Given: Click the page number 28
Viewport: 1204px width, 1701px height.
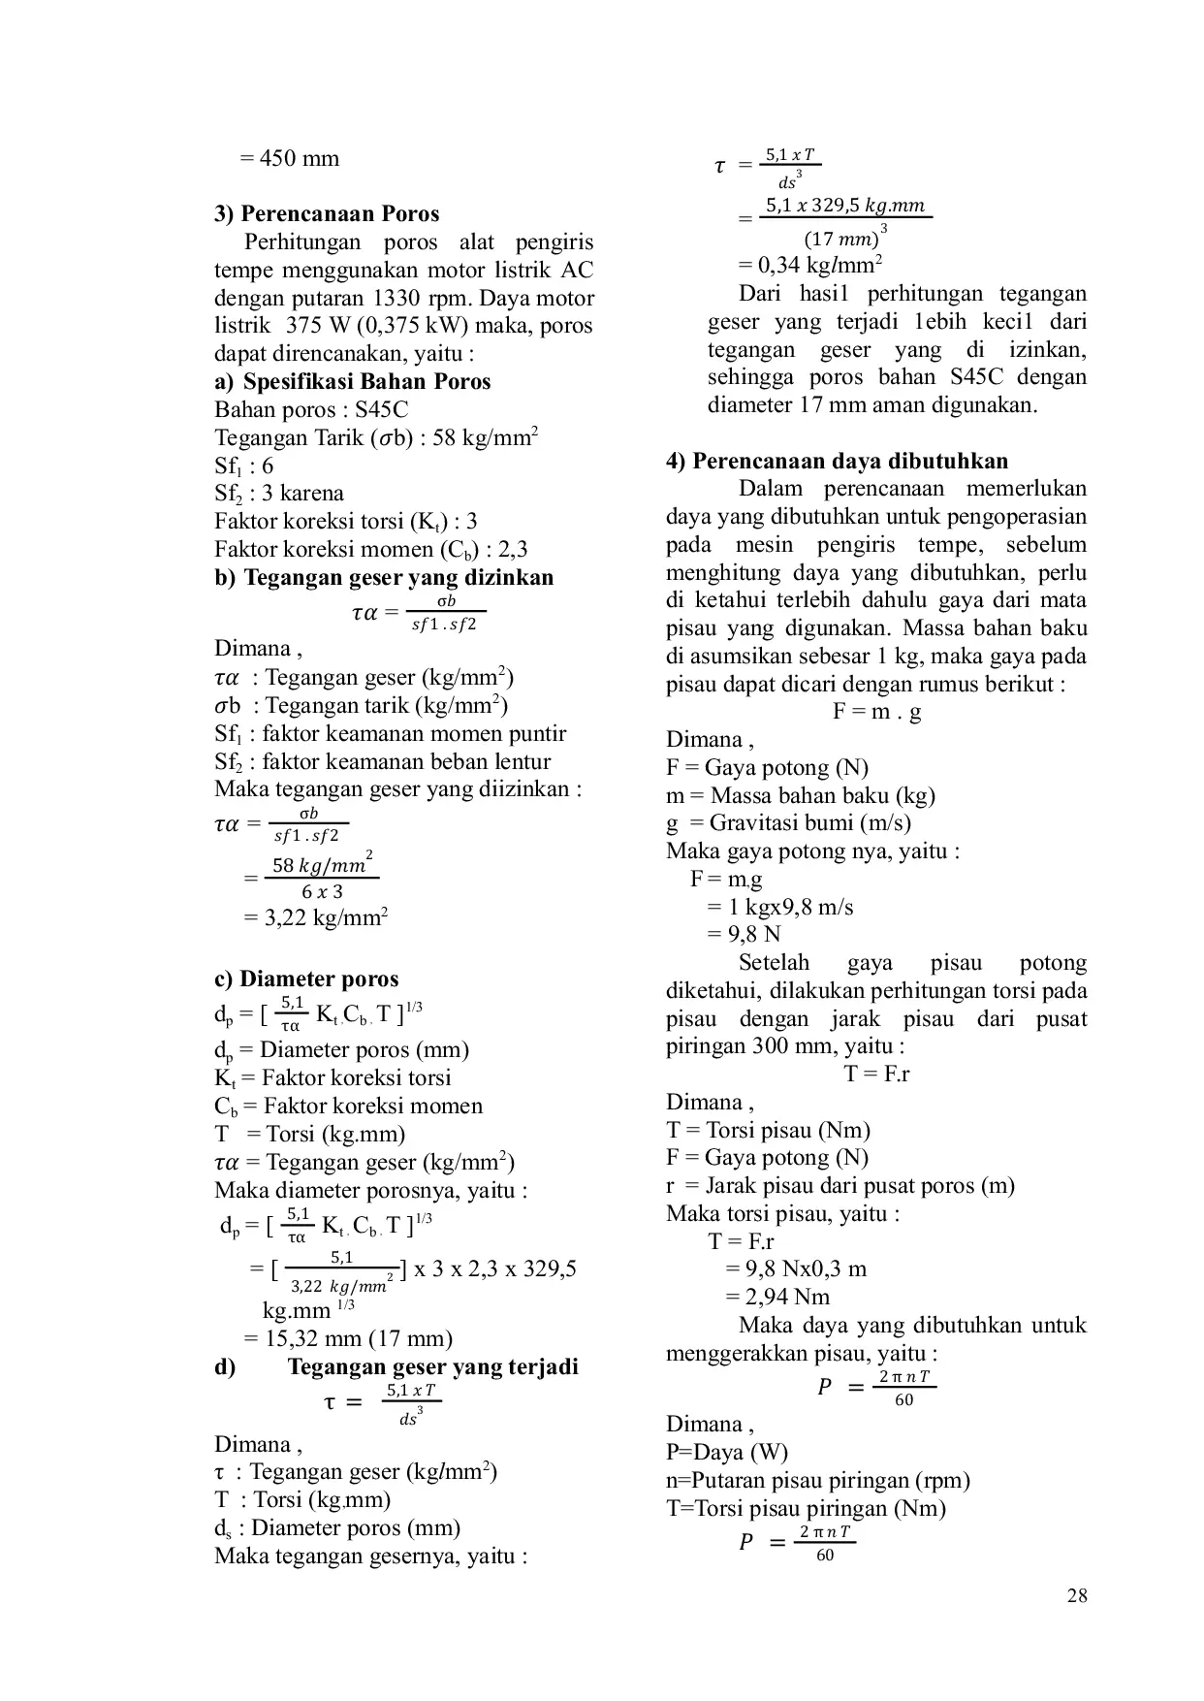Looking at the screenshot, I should tap(1076, 1595).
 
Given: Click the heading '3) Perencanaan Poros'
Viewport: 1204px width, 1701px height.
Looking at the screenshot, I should tap(327, 214).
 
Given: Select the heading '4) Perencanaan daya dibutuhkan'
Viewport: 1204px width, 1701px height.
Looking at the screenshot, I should tap(837, 461).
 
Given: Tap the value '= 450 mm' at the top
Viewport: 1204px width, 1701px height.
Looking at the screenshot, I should tap(289, 158).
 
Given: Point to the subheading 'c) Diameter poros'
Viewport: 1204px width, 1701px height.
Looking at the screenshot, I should tap(306, 979).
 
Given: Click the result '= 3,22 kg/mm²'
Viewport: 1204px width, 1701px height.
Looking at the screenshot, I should tap(316, 917).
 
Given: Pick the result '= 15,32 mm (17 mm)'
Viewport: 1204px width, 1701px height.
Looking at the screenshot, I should tap(347, 1338).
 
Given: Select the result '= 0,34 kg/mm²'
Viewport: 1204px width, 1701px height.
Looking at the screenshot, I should tap(809, 265).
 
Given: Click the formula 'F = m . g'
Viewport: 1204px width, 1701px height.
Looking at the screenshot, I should tap(876, 712).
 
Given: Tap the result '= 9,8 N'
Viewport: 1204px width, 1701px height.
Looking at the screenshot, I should tap(744, 935).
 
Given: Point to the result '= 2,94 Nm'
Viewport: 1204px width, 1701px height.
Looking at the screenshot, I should tap(777, 1297).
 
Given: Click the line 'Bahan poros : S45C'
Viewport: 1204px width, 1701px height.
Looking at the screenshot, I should tap(311, 409).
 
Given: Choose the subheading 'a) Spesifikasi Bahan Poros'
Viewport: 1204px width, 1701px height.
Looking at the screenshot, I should tap(353, 381).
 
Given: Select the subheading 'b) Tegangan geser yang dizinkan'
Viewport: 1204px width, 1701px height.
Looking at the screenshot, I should tap(384, 577).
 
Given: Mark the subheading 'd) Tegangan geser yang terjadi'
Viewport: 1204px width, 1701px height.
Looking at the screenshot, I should tap(396, 1366).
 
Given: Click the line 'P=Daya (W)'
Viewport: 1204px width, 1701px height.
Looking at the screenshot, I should tap(727, 1452).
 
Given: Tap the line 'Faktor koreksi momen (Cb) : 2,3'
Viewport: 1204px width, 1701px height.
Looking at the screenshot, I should tap(371, 549).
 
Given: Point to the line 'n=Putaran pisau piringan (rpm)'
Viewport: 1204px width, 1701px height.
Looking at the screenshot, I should tap(818, 1480).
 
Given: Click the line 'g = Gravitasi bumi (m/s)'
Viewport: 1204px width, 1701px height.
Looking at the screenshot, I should tap(788, 823).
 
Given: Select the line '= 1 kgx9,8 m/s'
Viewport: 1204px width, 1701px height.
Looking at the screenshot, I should tap(779, 908).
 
